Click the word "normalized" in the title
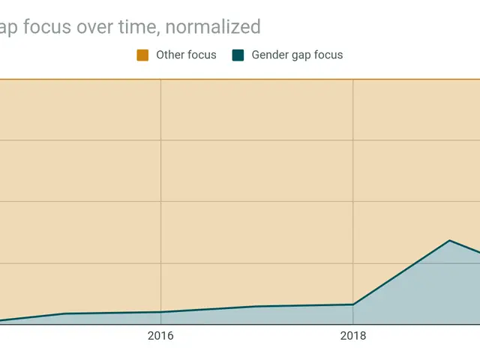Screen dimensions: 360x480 [x=213, y=28]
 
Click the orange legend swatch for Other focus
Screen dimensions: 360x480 [x=142, y=55]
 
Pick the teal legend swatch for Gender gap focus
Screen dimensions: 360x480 [x=238, y=55]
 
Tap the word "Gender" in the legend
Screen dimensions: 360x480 [x=271, y=55]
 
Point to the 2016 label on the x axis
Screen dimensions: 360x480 [x=160, y=336]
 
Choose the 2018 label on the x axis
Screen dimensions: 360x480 [x=353, y=336]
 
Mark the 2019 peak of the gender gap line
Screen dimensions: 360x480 [x=449, y=241]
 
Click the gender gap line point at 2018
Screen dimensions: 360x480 [x=353, y=304]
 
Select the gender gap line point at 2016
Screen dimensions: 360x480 [x=160, y=312]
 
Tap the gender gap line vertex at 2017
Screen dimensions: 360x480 [x=256, y=306]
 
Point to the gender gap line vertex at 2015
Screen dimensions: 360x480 [x=64, y=313]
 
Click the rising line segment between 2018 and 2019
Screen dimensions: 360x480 [x=401, y=273]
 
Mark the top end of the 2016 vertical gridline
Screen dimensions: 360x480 [x=160, y=79]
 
